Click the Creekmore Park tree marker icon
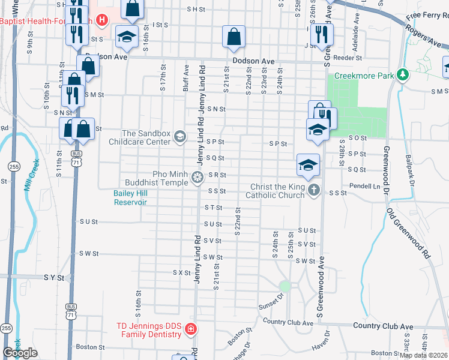pyautogui.click(x=403, y=76)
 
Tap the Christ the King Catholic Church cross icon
pyautogui.click(x=313, y=191)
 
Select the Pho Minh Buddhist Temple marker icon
pyautogui.click(x=197, y=177)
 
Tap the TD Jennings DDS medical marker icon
pyautogui.click(x=190, y=329)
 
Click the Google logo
pyautogui.click(x=20, y=353)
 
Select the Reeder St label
pyautogui.click(x=350, y=58)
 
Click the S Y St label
pyautogui.click(x=53, y=278)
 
